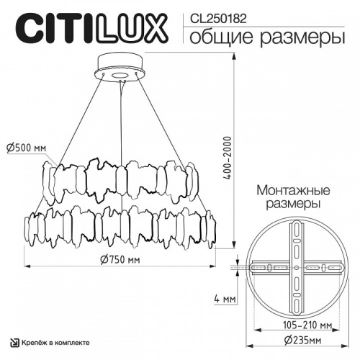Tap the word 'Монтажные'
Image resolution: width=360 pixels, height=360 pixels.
point(293,191)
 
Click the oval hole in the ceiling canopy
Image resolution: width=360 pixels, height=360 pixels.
point(120,74)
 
